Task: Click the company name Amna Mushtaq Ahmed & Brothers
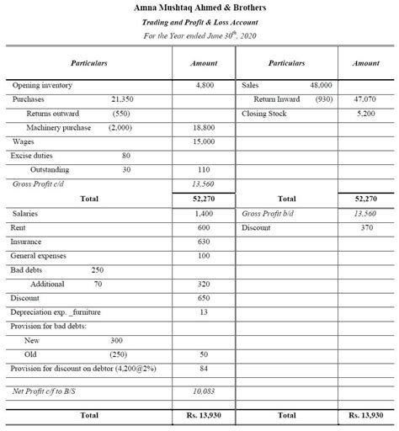click(x=199, y=8)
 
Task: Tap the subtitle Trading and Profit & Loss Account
click(x=199, y=22)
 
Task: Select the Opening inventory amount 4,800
click(x=204, y=86)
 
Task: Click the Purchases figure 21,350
click(x=123, y=99)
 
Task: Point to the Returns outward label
click(x=53, y=114)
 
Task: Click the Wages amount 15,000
click(x=204, y=141)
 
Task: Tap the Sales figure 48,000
click(x=321, y=86)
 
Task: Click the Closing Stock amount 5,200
click(x=366, y=114)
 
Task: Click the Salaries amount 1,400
click(x=204, y=214)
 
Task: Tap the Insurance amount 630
click(x=204, y=242)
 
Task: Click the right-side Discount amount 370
click(x=366, y=228)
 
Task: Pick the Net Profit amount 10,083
click(x=204, y=391)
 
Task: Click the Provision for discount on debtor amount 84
click(x=204, y=368)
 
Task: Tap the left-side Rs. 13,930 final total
click(x=204, y=416)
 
